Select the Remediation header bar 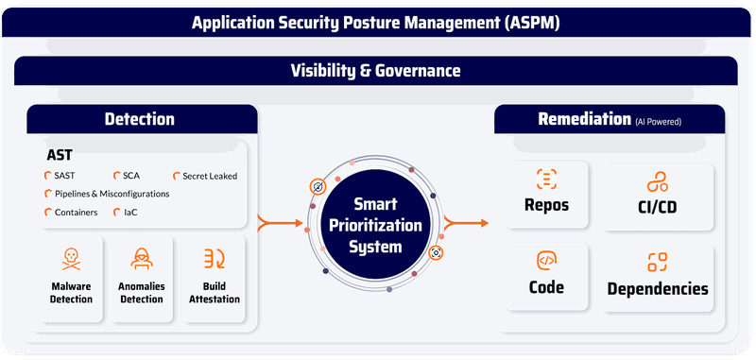click(x=610, y=119)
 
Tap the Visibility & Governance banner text click(x=376, y=70)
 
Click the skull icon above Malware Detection click(x=71, y=258)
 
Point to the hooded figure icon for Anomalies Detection click(x=141, y=258)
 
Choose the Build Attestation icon click(x=214, y=258)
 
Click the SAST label click(x=65, y=176)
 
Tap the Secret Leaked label click(x=211, y=176)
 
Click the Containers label click(x=76, y=213)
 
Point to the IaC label click(x=130, y=213)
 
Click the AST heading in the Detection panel click(x=61, y=156)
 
